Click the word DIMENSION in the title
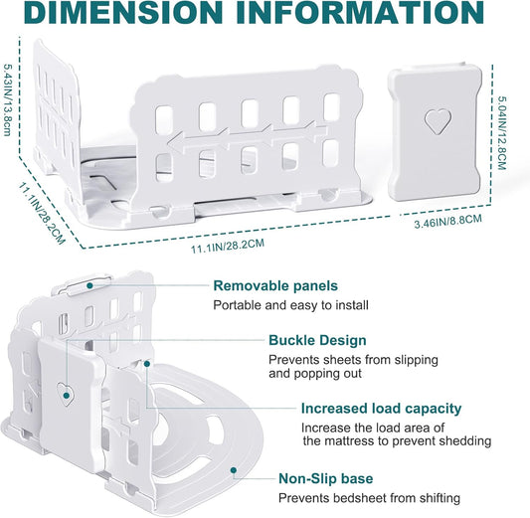tap(123, 12)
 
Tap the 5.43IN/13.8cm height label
tap(7, 99)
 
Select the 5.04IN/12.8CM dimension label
tap(502, 133)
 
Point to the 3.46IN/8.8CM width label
tap(447, 221)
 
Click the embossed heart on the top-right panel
tap(438, 121)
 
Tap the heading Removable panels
tap(275, 286)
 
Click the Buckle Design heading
tap(317, 340)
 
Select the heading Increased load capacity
tap(381, 409)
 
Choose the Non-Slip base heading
tap(326, 478)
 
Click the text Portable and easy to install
tap(290, 305)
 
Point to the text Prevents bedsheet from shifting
tap(370, 498)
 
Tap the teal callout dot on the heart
tap(67, 395)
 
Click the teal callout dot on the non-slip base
tap(234, 470)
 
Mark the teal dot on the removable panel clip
tap(89, 285)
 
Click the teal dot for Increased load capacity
tap(147, 364)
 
